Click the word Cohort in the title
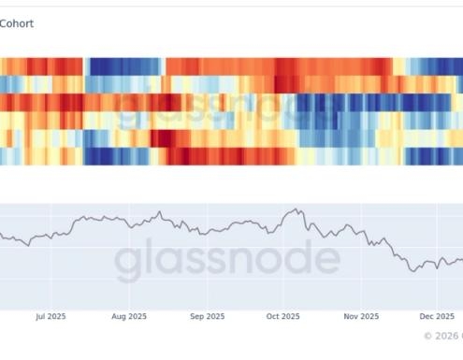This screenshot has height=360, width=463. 17,23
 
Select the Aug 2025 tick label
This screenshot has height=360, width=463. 129,317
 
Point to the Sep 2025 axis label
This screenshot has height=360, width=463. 207,317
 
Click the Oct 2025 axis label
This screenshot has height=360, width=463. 282,317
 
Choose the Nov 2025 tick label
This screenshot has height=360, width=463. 360,317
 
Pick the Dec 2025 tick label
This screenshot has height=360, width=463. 436,317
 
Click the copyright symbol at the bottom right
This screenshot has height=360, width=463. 428,335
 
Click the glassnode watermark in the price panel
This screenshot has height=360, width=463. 227,260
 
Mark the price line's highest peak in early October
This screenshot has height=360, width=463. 296,209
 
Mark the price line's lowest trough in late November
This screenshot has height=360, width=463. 413,270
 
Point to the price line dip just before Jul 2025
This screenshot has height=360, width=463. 29,244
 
